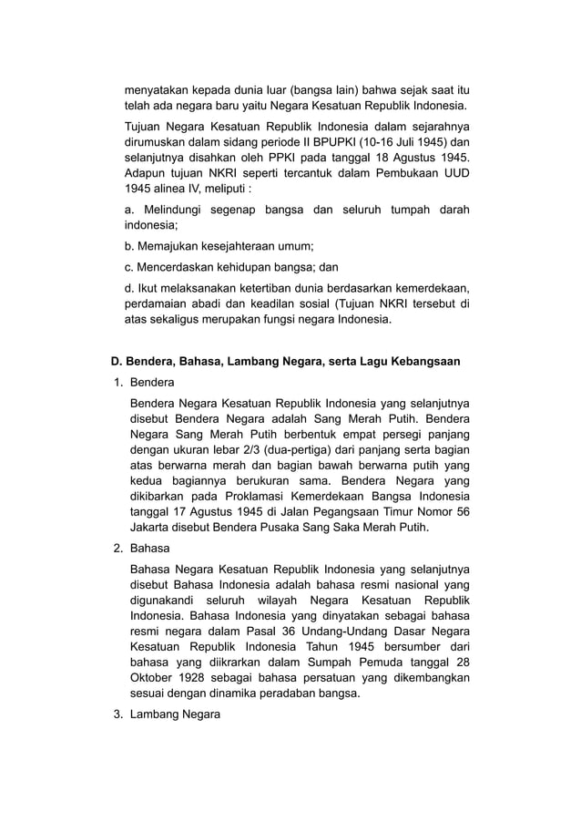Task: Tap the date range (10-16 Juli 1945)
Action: [x=412, y=143]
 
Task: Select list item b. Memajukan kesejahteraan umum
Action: [x=219, y=246]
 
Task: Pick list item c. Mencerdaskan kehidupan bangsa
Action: [x=231, y=267]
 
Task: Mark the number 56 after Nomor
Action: [x=462, y=511]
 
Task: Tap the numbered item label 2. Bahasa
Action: [x=143, y=549]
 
